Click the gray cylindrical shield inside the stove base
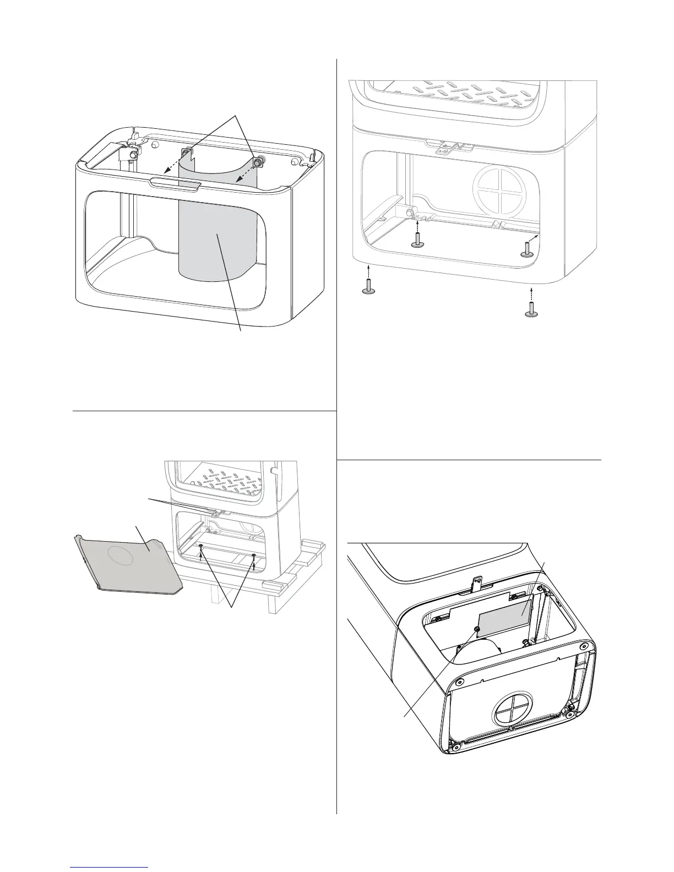pos(217,237)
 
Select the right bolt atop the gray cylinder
pos(257,162)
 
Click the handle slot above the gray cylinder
pos(173,183)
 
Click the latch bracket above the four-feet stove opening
pos(447,147)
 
